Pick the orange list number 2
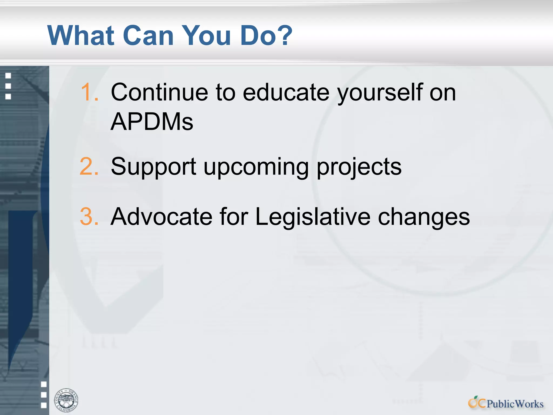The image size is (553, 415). [89, 166]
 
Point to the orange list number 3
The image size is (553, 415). [89, 216]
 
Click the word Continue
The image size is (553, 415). [160, 92]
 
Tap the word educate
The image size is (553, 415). [286, 92]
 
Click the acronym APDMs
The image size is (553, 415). [152, 122]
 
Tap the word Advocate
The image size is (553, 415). [161, 216]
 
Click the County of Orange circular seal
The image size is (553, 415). [66, 400]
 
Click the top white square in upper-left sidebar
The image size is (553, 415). [8, 76]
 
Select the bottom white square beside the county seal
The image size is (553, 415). [44, 405]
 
